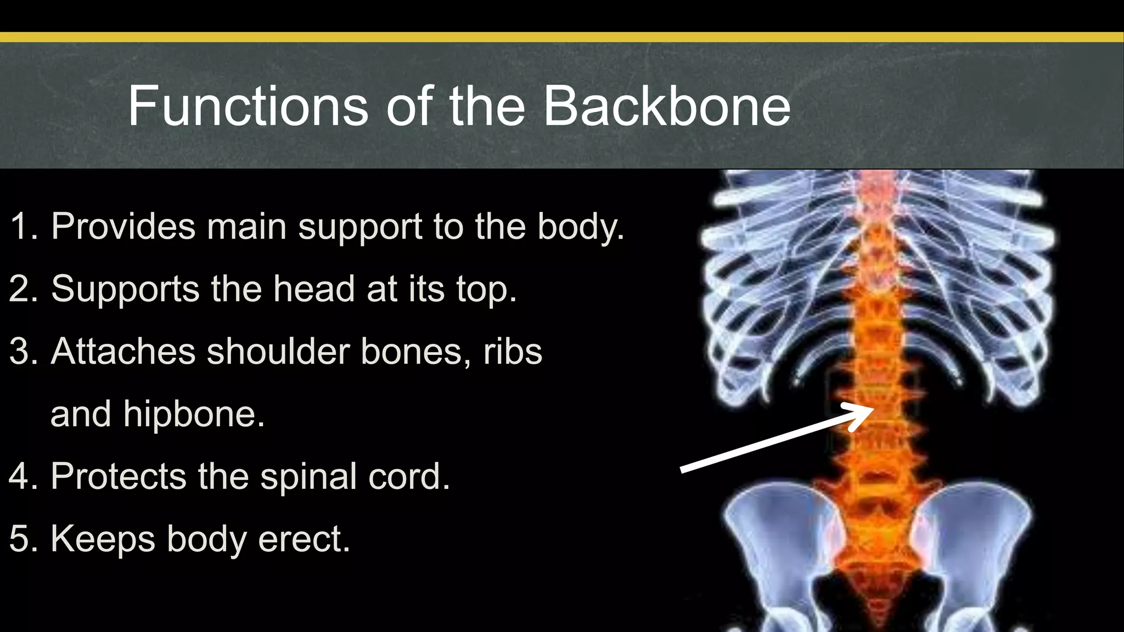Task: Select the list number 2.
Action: (22, 289)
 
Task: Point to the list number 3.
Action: (22, 351)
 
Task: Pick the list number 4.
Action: (22, 476)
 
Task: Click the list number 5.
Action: (22, 538)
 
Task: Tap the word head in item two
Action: (314, 289)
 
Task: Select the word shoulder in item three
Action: (278, 351)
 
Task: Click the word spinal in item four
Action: (308, 477)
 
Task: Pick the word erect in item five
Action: (304, 539)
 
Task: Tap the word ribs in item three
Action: (513, 351)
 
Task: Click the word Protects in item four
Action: (119, 476)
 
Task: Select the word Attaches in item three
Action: (123, 351)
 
